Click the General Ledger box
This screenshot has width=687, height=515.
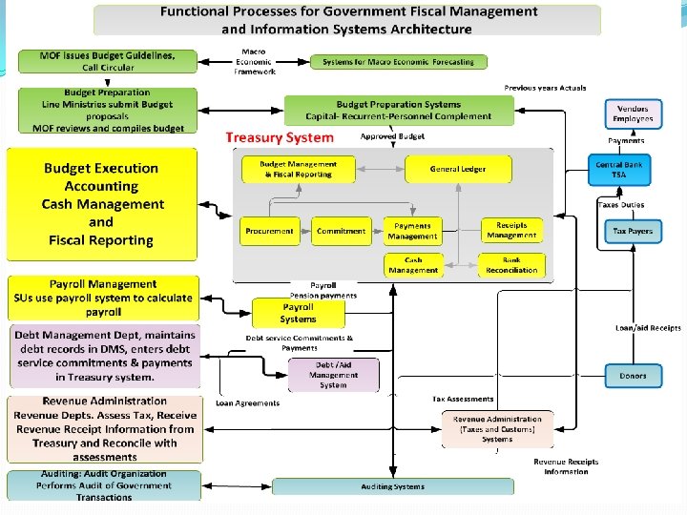click(x=458, y=170)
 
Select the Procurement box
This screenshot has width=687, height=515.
click(x=270, y=231)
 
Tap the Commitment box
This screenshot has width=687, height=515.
click(x=341, y=231)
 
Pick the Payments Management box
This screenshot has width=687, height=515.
click(x=412, y=231)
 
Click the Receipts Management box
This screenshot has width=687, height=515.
click(x=511, y=231)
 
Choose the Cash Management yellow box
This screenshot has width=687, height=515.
click(x=412, y=265)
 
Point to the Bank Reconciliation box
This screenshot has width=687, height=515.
click(x=511, y=265)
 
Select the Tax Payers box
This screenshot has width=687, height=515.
click(x=633, y=232)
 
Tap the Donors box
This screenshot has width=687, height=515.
click(x=633, y=376)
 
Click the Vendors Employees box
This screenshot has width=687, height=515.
click(x=633, y=114)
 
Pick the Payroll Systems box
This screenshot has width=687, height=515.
click(x=298, y=313)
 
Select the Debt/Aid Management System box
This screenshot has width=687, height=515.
click(x=333, y=375)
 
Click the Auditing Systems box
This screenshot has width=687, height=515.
click(x=391, y=486)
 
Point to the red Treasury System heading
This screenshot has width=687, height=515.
click(x=280, y=137)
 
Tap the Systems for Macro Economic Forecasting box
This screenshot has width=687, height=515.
click(x=398, y=62)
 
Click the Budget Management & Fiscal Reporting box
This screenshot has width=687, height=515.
click(x=298, y=170)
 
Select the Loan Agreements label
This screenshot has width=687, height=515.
click(x=248, y=403)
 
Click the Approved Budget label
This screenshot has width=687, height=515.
click(x=392, y=137)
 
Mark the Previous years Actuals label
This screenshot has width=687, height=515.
click(x=545, y=88)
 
